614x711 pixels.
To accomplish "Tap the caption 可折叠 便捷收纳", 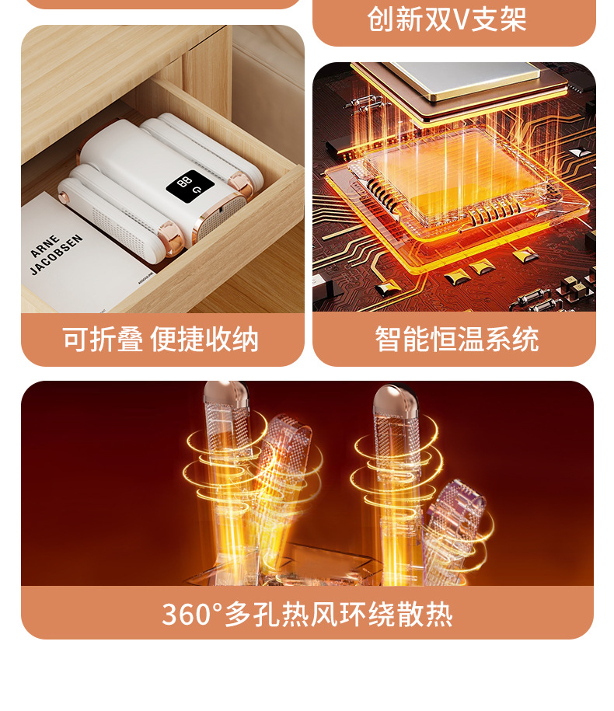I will tap(160, 340).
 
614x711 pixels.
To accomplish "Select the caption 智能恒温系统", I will tap(456, 340).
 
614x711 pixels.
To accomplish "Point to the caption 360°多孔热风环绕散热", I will tap(307, 614).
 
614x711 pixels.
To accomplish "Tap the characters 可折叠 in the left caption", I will tap(103, 340).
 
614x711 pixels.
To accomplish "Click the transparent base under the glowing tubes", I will tap(326, 567).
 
